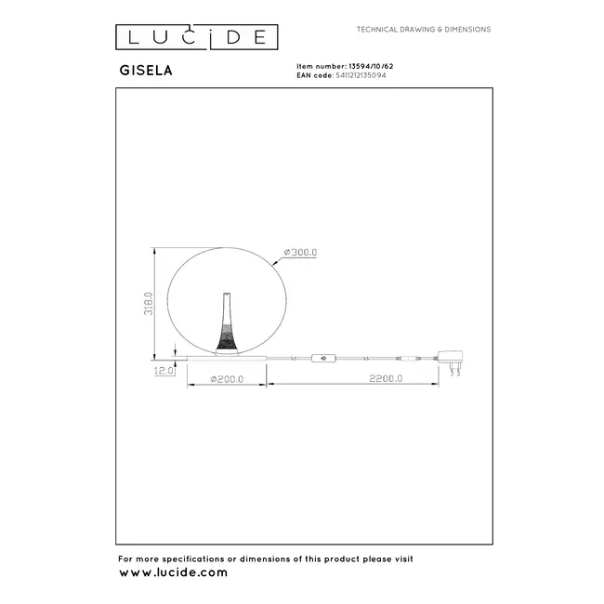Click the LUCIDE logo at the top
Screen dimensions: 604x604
pyautogui.click(x=196, y=37)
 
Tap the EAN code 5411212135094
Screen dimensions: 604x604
pyautogui.click(x=373, y=76)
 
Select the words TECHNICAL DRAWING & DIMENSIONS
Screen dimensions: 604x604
pyautogui.click(x=425, y=30)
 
